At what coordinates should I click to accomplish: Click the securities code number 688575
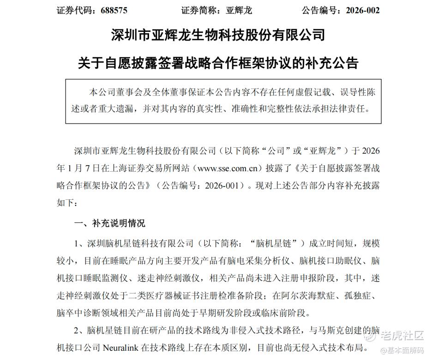[110, 10]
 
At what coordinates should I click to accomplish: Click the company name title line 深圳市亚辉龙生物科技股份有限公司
[218, 35]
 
